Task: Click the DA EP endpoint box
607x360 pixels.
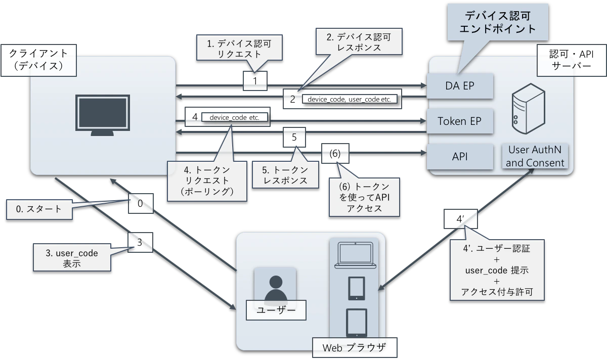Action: coord(460,86)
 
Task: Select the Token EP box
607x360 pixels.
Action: coord(460,121)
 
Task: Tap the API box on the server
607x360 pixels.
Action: coord(460,156)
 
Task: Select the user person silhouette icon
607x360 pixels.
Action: coord(275,288)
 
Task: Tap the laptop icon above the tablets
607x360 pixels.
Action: coord(354,255)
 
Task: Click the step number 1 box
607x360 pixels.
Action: coord(255,80)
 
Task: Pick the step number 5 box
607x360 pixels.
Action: coord(294,137)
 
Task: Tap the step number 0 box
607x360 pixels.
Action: coord(140,203)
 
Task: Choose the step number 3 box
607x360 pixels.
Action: coord(140,242)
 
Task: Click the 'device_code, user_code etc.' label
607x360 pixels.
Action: coord(349,99)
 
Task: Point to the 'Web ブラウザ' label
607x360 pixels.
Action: coord(354,347)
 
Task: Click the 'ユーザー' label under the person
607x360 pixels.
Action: coord(276,309)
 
